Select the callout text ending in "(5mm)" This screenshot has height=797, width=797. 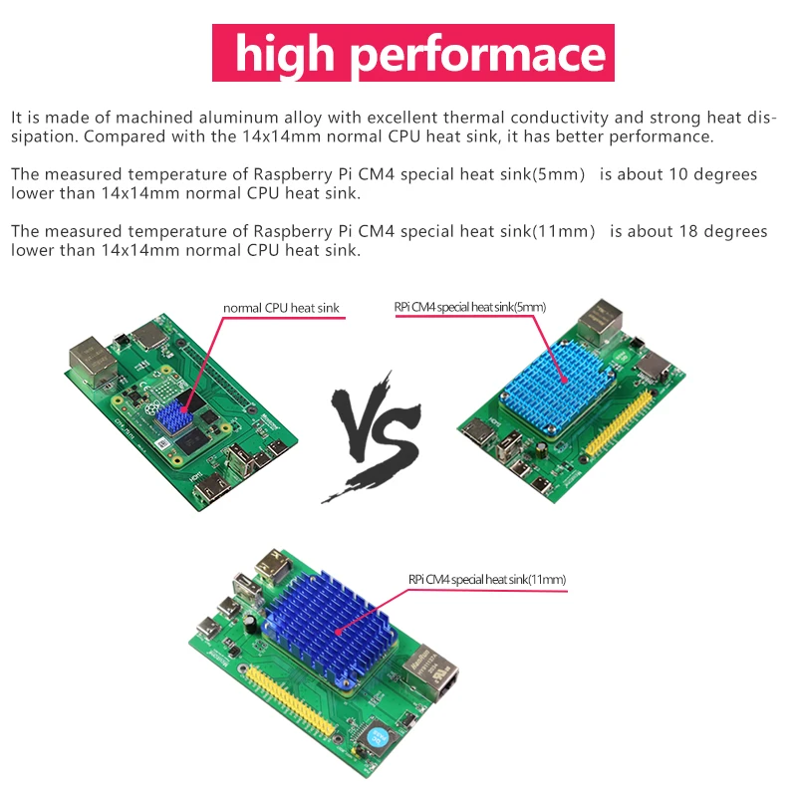pyautogui.click(x=469, y=307)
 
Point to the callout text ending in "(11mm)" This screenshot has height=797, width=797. pyautogui.click(x=487, y=579)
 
